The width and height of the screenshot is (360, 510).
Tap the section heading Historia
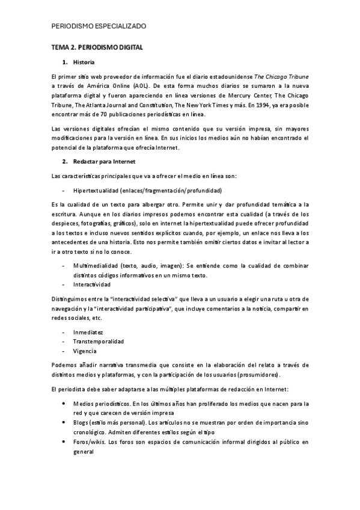[x=83, y=62]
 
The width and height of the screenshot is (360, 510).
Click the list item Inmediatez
[x=88, y=332]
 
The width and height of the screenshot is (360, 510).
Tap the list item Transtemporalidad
[x=99, y=341]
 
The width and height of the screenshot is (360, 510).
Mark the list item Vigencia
[x=85, y=351]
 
